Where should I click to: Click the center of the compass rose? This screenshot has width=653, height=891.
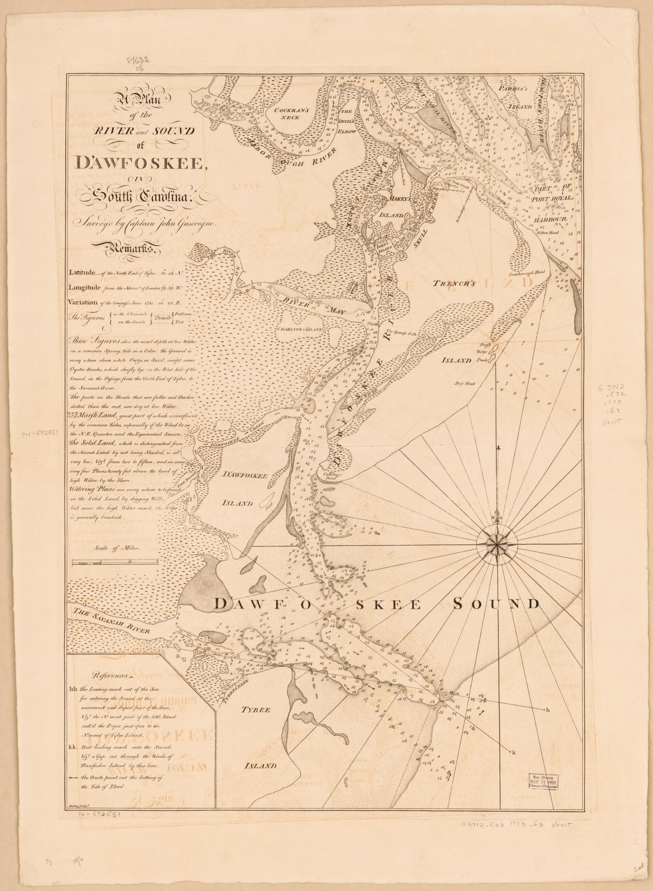pos(497,544)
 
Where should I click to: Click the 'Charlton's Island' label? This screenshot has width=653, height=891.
pos(300,330)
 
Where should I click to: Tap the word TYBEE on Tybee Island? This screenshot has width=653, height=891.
pos(256,709)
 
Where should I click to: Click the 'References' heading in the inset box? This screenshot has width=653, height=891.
pos(111,676)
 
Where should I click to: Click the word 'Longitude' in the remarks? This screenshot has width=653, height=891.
pos(85,287)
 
